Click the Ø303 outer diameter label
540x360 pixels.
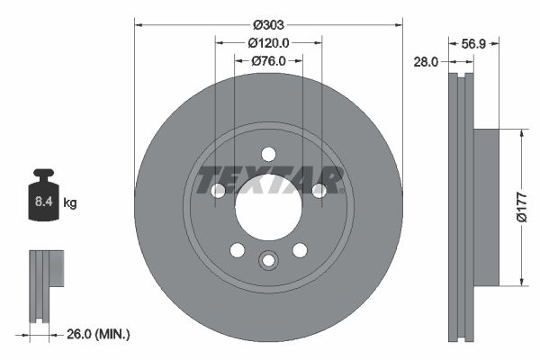pyautogui.click(x=268, y=23)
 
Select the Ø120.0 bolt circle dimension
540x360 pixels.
pyautogui.click(x=268, y=42)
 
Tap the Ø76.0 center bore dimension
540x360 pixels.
pyautogui.click(x=268, y=60)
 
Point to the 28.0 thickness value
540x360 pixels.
pyautogui.click(x=426, y=61)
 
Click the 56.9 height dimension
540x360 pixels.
pyautogui.click(x=473, y=42)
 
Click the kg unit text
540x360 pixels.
pyautogui.click(x=70, y=203)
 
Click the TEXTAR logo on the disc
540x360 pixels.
pyautogui.click(x=269, y=180)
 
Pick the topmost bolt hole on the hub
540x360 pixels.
pyautogui.click(x=268, y=153)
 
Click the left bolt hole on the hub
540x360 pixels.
pyautogui.click(x=218, y=190)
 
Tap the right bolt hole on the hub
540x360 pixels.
pyautogui.click(x=319, y=190)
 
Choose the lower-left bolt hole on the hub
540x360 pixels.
pyautogui.click(x=237, y=249)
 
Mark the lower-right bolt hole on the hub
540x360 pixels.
pyautogui.click(x=300, y=249)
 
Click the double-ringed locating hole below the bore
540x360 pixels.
pyautogui.click(x=268, y=261)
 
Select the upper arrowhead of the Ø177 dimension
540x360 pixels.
pyautogui.click(x=519, y=132)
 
